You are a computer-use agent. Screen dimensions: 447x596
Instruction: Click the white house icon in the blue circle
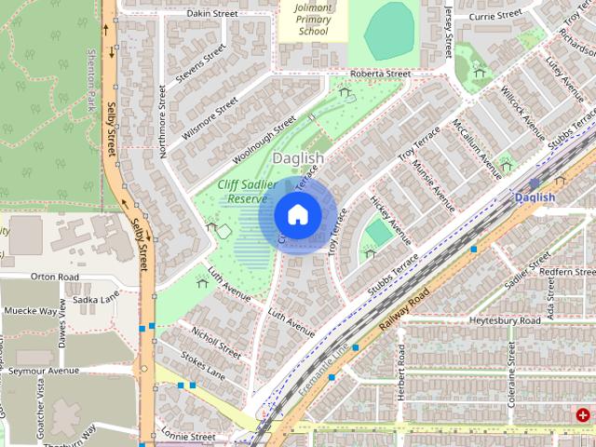pos(297,214)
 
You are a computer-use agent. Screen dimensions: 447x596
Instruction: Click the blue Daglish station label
pos(535,197)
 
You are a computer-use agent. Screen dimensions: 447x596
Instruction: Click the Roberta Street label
pos(380,74)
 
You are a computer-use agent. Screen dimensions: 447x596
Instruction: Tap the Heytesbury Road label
pos(504,320)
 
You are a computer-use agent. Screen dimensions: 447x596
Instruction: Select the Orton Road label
pos(55,277)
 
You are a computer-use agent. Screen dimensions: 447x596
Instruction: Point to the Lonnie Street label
pos(187,436)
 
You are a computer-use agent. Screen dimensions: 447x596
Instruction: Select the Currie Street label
pos(495,16)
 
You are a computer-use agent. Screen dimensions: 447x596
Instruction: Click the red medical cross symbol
pos(583,414)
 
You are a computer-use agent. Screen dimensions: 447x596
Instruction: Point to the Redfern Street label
pos(567,271)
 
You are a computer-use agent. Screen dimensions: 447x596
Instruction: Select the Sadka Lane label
pos(97,299)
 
